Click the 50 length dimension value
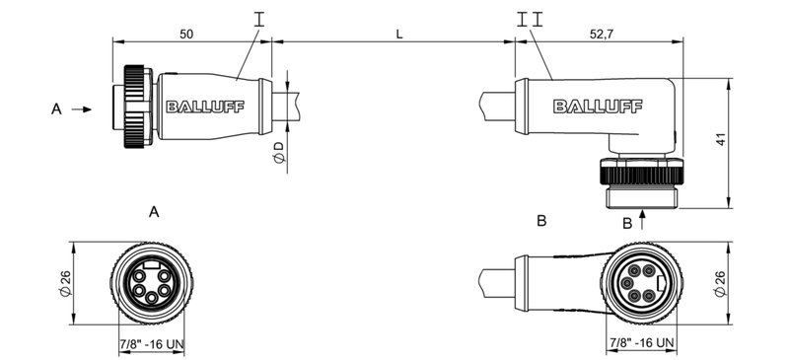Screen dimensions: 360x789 tap(186, 33)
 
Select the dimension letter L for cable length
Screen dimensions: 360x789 tap(399, 33)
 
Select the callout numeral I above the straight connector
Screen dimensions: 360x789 tap(259, 19)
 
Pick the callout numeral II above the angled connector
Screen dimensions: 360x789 tap(529, 19)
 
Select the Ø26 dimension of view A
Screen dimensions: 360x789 tap(66, 285)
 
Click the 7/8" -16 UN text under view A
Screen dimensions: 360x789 tap(149, 343)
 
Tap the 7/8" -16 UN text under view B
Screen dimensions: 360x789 tap(641, 343)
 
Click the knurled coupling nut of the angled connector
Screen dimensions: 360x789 tap(642, 175)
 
